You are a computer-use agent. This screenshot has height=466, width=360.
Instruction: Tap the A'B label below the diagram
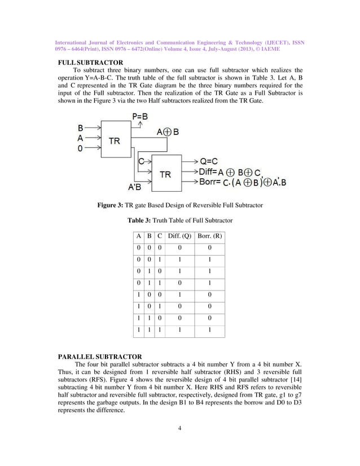pyautogui.click(x=135, y=187)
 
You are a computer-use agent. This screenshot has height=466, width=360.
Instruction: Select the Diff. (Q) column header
pyautogui.click(x=178, y=235)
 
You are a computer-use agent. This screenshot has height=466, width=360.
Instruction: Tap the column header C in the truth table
pyautogui.click(x=159, y=235)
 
